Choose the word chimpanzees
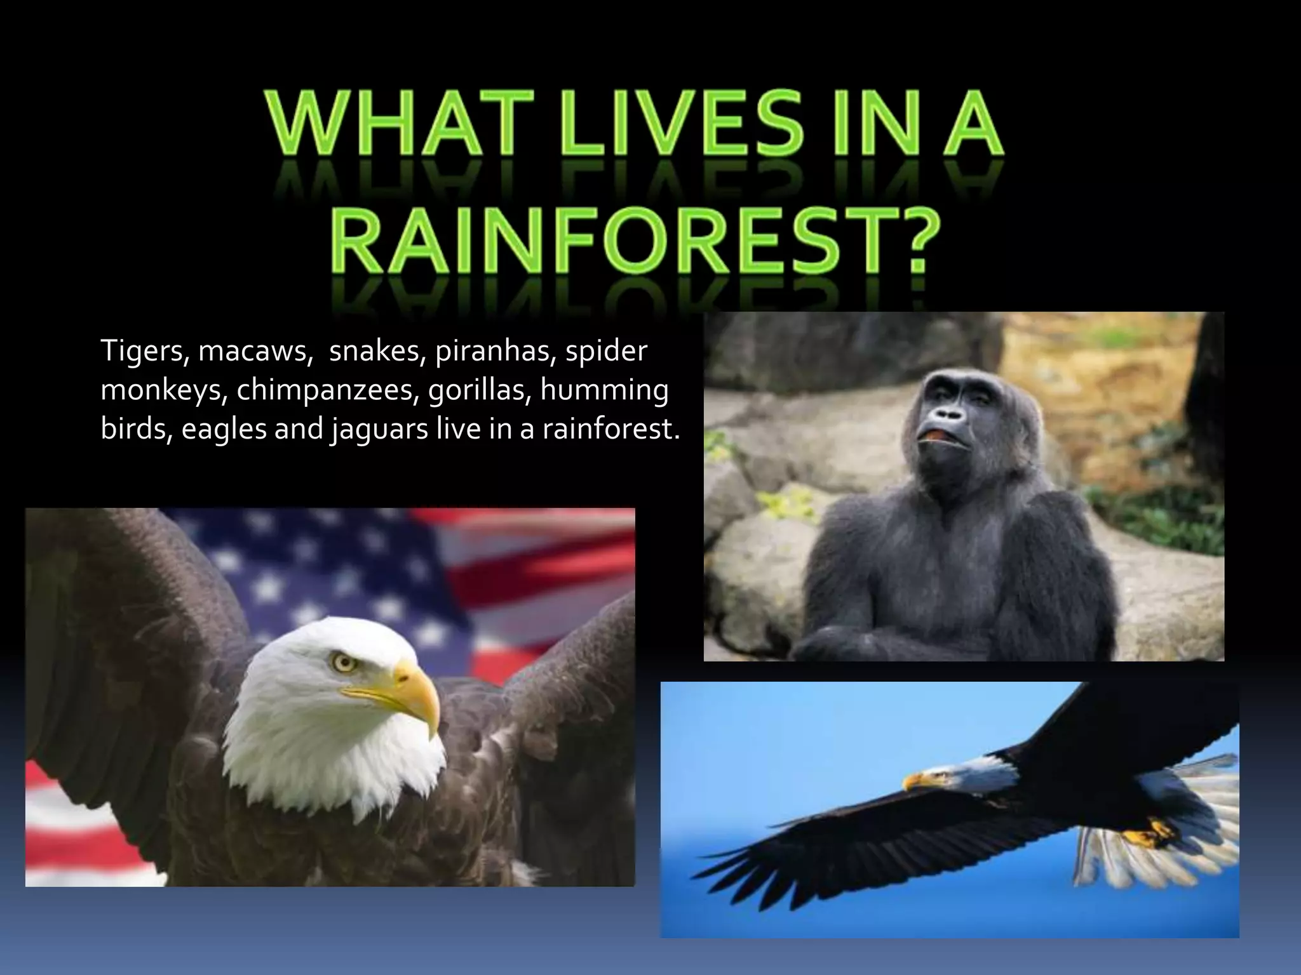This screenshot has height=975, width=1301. coord(327,392)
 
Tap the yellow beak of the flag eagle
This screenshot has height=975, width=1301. coord(417,694)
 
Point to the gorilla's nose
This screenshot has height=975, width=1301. coord(949,416)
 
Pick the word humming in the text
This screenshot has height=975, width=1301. coord(605,392)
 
